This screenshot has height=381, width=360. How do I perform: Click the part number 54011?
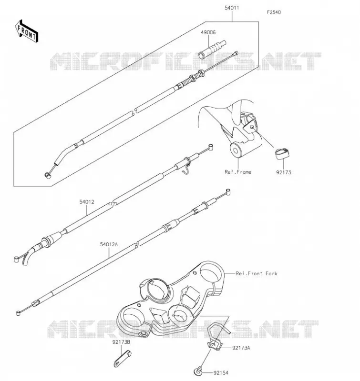click(232, 8)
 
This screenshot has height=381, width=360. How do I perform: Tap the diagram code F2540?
click(274, 12)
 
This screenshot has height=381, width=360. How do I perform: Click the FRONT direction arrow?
click(26, 31)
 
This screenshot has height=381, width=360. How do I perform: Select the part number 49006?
click(208, 32)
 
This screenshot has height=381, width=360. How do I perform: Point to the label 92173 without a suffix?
click(284, 172)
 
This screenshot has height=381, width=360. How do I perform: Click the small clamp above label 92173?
click(282, 153)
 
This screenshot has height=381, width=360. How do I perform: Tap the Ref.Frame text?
click(238, 172)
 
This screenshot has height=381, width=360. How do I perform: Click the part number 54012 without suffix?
click(87, 202)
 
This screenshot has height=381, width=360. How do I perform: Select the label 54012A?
click(109, 244)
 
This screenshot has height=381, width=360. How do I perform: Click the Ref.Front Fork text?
click(257, 273)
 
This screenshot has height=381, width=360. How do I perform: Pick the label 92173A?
click(241, 348)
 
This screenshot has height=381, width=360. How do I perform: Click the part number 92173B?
click(121, 342)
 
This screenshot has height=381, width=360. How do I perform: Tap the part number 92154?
click(221, 373)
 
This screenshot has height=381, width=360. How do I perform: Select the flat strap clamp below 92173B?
click(123, 359)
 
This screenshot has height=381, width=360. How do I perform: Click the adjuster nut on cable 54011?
click(201, 73)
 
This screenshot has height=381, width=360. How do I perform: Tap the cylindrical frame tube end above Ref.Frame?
click(236, 150)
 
